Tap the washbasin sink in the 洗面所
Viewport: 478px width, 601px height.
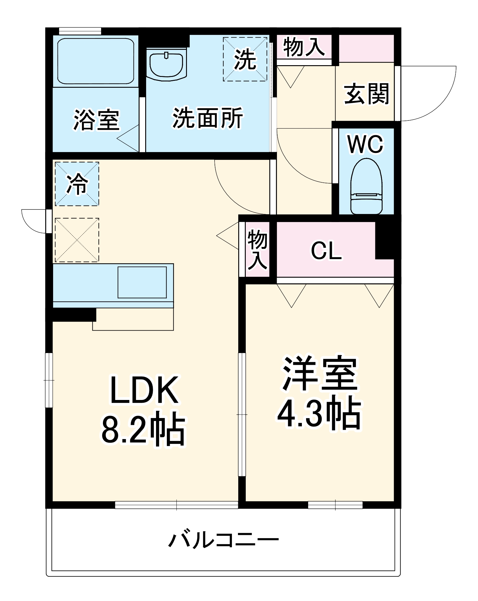167,65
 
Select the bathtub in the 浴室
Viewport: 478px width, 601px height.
96,61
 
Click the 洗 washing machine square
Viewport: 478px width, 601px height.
245,59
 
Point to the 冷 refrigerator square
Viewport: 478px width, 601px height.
77,184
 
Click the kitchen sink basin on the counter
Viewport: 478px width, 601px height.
142,282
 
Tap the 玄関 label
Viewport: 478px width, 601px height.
366,94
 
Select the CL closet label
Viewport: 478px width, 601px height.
326,250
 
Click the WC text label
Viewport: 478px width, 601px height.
365,145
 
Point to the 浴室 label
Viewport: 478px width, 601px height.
96,120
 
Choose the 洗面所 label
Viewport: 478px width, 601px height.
208,118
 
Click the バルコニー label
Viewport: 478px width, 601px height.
224,540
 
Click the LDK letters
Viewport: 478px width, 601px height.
144,390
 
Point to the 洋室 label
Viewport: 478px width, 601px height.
320,374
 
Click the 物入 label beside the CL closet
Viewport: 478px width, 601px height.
257,249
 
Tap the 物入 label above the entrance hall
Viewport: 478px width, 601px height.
304,47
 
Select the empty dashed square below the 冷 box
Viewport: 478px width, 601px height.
77,240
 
